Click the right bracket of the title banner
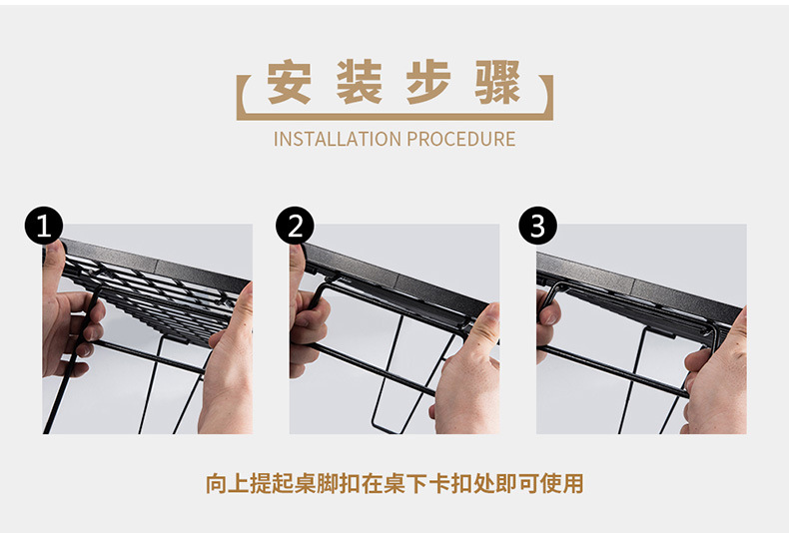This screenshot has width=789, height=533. tap(548, 98)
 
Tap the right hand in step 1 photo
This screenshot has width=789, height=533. tap(228, 369)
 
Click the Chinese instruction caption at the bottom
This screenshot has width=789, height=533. tap(394, 485)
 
